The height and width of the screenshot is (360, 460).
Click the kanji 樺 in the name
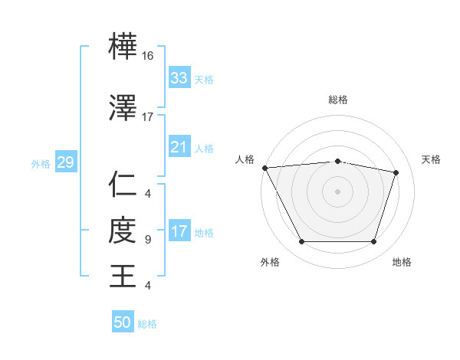pyautogui.click(x=123, y=49)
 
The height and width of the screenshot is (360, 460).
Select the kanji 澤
pyautogui.click(x=123, y=109)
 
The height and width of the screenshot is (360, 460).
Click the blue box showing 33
pyautogui.click(x=179, y=78)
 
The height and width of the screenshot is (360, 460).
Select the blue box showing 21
pyautogui.click(x=179, y=147)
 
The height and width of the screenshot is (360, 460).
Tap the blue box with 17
pyautogui.click(x=179, y=232)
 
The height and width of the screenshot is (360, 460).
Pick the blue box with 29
pyautogui.click(x=65, y=162)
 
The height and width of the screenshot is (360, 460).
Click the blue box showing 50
pyautogui.click(x=123, y=322)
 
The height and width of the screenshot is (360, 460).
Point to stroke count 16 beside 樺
pyautogui.click(x=148, y=57)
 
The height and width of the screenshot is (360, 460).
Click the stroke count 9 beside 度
pyautogui.click(x=148, y=240)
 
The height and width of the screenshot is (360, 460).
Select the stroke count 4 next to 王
pyautogui.click(x=148, y=286)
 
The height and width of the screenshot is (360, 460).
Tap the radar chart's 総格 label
pyautogui.click(x=338, y=100)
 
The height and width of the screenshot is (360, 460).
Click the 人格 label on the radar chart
pyautogui.click(x=245, y=159)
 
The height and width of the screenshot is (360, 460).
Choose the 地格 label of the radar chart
pyautogui.click(x=402, y=262)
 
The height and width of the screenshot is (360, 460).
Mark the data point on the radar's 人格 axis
pyautogui.click(x=264, y=168)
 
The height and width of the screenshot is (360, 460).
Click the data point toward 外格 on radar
pyautogui.click(x=301, y=242)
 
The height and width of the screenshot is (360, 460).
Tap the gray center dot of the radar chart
pyautogui.click(x=338, y=191)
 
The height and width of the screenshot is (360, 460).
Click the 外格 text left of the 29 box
pyautogui.click(x=40, y=163)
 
